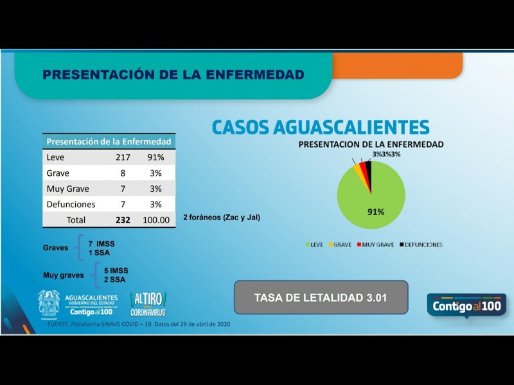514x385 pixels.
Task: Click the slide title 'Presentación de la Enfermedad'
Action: (x=173, y=75)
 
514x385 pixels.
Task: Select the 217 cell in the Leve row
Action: (x=123, y=157)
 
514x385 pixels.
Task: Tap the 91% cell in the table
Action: (x=156, y=157)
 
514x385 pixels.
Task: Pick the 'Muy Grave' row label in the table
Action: (x=67, y=189)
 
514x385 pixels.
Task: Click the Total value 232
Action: (x=123, y=220)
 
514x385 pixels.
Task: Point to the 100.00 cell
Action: (x=156, y=220)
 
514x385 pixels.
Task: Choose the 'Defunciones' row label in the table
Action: (x=71, y=205)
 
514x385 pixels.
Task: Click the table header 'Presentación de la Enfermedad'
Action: (x=109, y=141)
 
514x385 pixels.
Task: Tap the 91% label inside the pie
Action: (x=376, y=212)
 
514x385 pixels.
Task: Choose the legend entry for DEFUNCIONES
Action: (x=420, y=244)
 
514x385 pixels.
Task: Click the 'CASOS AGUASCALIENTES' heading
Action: (x=321, y=126)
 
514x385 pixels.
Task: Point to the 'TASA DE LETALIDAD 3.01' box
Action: (x=321, y=298)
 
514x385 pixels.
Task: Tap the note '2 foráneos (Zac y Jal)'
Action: (x=222, y=218)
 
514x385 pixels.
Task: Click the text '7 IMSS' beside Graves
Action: (x=102, y=244)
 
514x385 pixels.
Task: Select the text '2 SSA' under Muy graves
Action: (x=116, y=280)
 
